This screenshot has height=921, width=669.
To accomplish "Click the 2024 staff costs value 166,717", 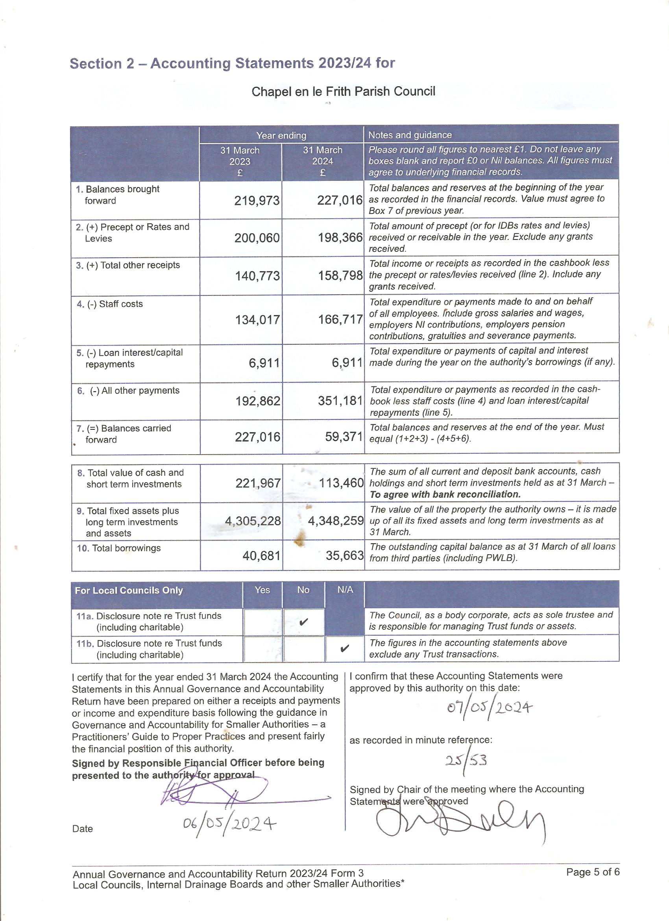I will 340,319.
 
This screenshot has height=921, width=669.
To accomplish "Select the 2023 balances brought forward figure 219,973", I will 257,201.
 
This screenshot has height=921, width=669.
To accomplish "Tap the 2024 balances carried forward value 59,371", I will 343,437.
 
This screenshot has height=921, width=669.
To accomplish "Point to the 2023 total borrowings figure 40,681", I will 261,555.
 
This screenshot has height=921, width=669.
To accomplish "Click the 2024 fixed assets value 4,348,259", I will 336,521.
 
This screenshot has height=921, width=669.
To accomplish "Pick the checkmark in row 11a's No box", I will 303,622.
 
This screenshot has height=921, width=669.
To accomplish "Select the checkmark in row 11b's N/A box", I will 344,648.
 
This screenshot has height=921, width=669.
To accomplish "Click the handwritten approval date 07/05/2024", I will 489,708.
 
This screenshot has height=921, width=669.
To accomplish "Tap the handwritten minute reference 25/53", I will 466,760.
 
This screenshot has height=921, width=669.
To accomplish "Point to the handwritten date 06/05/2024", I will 229,824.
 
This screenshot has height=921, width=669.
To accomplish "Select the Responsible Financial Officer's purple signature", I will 227,792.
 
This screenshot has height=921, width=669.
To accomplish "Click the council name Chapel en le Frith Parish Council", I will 343,92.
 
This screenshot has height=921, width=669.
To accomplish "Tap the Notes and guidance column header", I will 410,135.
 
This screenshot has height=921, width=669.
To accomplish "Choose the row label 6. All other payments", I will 128,391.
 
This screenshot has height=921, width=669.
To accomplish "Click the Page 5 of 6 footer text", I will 593,872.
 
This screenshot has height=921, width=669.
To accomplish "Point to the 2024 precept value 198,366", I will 340,238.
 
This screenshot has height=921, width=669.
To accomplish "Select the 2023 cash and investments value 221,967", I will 258,483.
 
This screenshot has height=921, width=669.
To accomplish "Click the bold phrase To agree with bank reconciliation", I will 445,495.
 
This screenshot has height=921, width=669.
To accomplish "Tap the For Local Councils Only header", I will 129,590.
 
